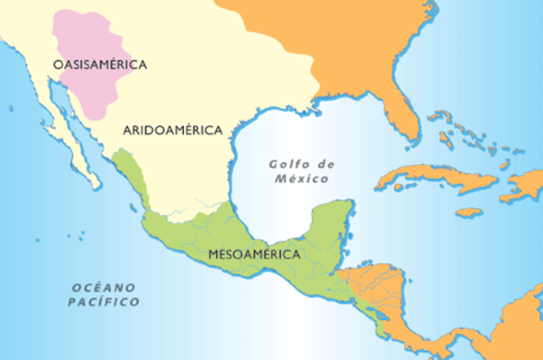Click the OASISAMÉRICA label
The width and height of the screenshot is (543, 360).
[x=100, y=65]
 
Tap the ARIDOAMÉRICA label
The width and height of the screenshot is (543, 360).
[x=172, y=130]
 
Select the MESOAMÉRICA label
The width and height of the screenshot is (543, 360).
[x=255, y=253]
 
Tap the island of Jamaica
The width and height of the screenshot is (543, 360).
[x=468, y=211]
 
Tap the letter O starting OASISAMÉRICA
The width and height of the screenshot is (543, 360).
[x=57, y=65]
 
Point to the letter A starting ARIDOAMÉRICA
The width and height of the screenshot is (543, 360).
[x=127, y=130]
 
